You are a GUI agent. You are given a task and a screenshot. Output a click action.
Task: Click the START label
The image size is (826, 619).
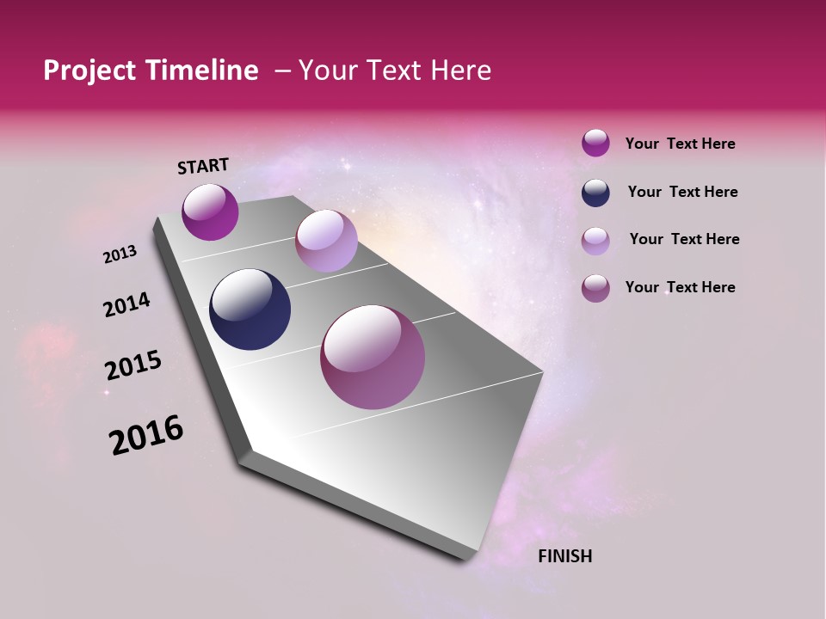[203, 165]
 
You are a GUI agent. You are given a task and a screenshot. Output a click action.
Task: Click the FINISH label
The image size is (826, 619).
[564, 556]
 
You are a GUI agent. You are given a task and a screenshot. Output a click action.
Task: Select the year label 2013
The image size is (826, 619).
[120, 254]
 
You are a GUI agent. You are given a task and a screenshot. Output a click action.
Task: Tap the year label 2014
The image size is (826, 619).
[126, 305]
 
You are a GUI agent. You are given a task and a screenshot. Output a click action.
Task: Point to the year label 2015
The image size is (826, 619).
[133, 365]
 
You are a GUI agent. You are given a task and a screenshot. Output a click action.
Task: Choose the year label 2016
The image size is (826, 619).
[146, 435]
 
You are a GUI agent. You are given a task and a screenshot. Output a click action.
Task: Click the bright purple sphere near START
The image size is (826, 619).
[210, 211]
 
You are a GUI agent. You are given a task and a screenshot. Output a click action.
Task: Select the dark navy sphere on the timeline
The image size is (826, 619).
[250, 309]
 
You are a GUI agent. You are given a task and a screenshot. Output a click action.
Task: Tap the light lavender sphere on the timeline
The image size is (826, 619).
[326, 241]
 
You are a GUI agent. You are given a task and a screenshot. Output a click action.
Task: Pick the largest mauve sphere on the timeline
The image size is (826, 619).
[372, 357]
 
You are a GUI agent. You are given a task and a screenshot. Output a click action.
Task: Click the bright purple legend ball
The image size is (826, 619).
[595, 143]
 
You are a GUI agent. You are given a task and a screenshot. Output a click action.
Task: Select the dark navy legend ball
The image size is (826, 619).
[595, 193]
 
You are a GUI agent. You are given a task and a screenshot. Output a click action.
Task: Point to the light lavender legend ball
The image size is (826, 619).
[595, 241]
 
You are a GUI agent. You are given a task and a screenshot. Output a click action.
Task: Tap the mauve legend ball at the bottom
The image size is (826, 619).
[595, 288]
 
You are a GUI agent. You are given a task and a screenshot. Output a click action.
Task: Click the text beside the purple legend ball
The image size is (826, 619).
[680, 144]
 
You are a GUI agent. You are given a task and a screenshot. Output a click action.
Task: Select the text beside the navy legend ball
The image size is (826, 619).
[682, 192]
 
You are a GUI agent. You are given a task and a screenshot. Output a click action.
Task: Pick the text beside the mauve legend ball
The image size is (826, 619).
[680, 287]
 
